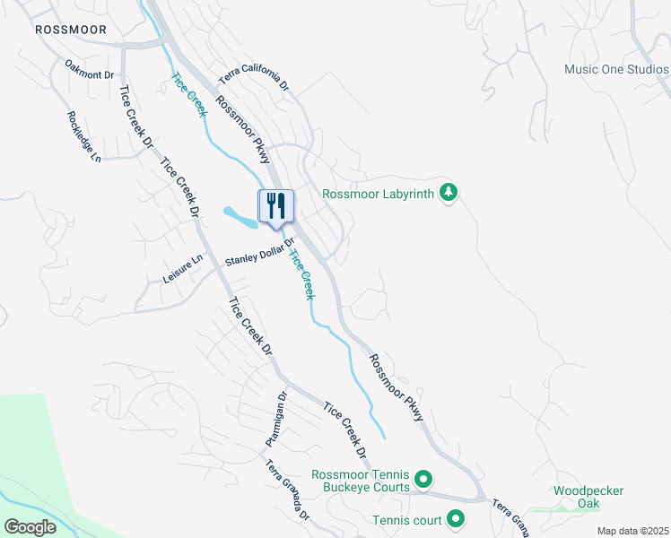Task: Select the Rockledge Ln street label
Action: click(x=83, y=136)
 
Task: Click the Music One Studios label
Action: click(x=616, y=69)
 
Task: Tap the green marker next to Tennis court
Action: click(x=456, y=518)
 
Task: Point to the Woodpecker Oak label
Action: click(x=588, y=497)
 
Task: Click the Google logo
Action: click(x=30, y=526)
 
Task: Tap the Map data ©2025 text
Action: click(x=632, y=531)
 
